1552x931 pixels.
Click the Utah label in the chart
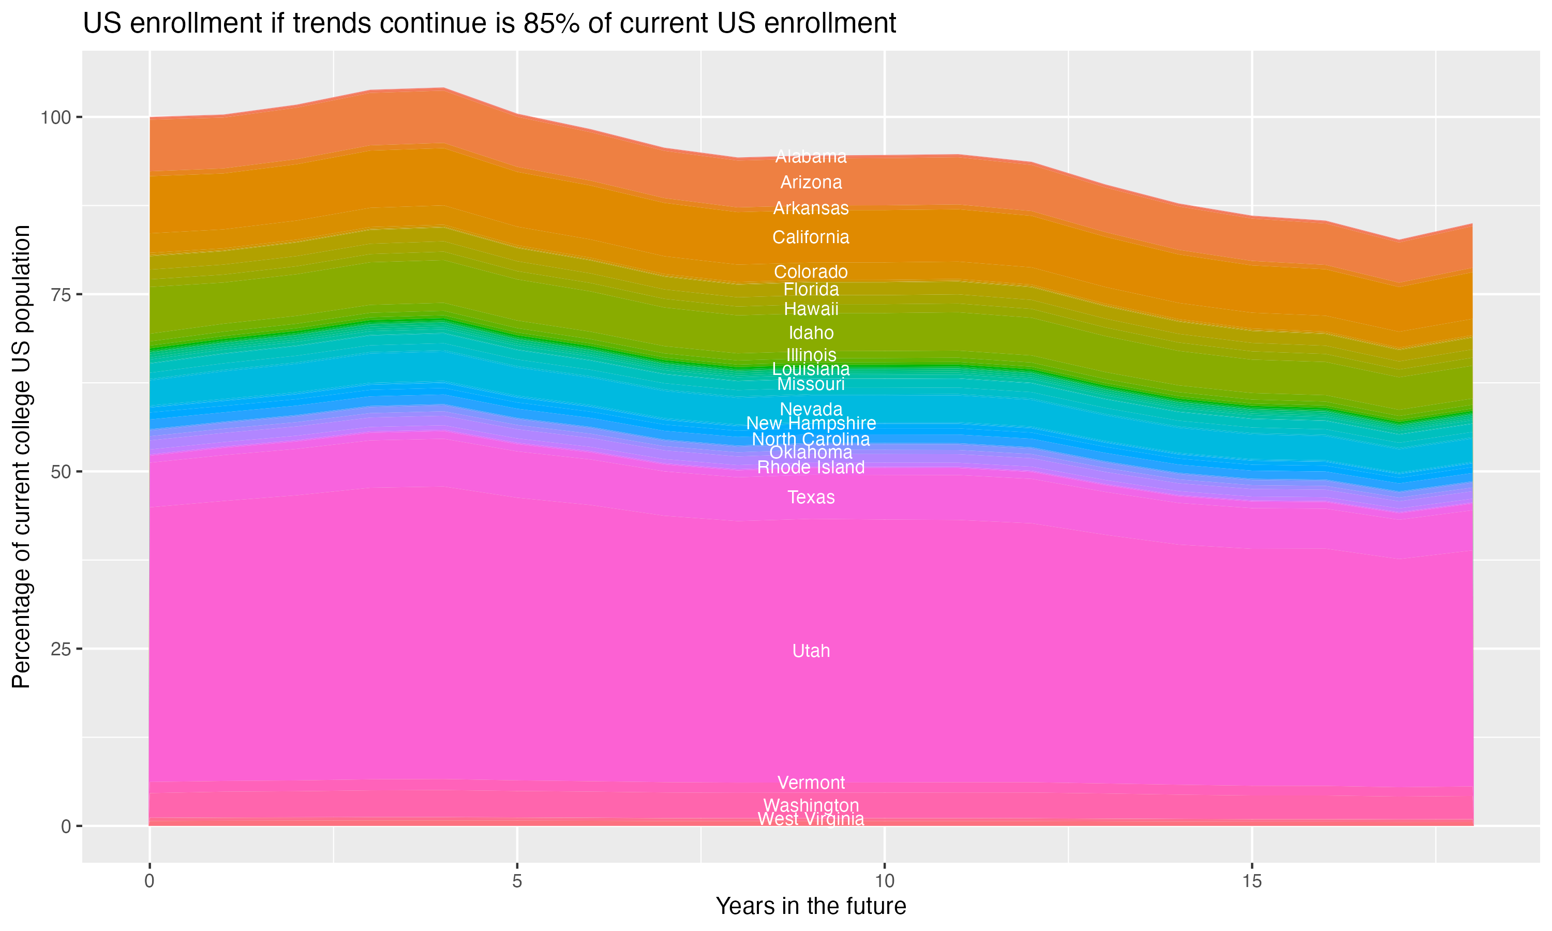pyautogui.click(x=811, y=651)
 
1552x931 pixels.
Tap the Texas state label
pyautogui.click(x=811, y=498)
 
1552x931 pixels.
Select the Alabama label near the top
pyautogui.click(x=811, y=157)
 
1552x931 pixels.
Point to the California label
pyautogui.click(x=811, y=237)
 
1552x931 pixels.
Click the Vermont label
pyautogui.click(x=811, y=783)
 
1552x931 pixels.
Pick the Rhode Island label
pyautogui.click(x=811, y=468)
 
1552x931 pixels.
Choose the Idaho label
pyautogui.click(x=811, y=333)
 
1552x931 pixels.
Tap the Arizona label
pyautogui.click(x=811, y=183)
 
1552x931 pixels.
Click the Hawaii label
pyautogui.click(x=811, y=309)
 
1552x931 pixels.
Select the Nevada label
pyautogui.click(x=811, y=409)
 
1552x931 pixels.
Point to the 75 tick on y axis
pyautogui.click(x=61, y=295)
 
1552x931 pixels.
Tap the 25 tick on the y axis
pyautogui.click(x=61, y=649)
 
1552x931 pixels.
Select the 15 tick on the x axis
pyautogui.click(x=1251, y=881)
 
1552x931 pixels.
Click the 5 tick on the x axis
pyautogui.click(x=517, y=881)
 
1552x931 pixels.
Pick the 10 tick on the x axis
pyautogui.click(x=884, y=881)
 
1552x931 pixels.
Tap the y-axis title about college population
pyautogui.click(x=21, y=457)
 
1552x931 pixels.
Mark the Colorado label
pyautogui.click(x=811, y=272)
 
